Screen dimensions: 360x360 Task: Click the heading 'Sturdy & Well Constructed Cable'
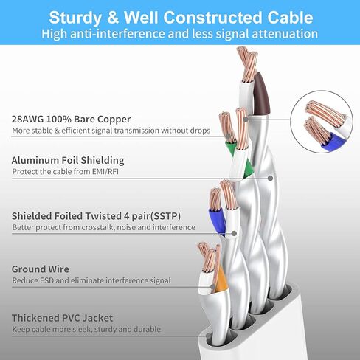coord(181,18)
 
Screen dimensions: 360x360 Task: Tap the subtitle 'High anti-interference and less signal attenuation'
coord(179,34)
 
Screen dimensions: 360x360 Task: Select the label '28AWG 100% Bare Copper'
coord(71,120)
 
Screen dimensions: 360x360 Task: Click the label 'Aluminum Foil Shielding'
coord(68,160)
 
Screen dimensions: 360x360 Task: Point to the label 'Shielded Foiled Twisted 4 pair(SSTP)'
coord(96,216)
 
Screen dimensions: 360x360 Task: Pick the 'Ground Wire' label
coord(41,269)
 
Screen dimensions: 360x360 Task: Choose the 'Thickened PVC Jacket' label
coord(62,318)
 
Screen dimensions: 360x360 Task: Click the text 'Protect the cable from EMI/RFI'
coord(65,172)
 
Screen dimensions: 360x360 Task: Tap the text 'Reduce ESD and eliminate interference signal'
coord(91,280)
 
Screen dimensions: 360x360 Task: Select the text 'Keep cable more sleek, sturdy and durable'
coord(86,329)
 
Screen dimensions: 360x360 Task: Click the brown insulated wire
coord(262,94)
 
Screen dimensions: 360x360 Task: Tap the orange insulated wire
coord(221,280)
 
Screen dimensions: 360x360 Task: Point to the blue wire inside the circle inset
coord(333,142)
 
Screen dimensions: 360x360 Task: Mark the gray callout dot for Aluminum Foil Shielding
coord(270,178)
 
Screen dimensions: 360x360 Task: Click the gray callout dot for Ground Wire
coord(213,287)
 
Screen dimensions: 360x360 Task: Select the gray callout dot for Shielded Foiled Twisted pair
coord(235,233)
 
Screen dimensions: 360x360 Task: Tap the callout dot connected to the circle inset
coord(246,120)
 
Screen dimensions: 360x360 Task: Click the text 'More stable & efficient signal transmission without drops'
coord(111,131)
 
